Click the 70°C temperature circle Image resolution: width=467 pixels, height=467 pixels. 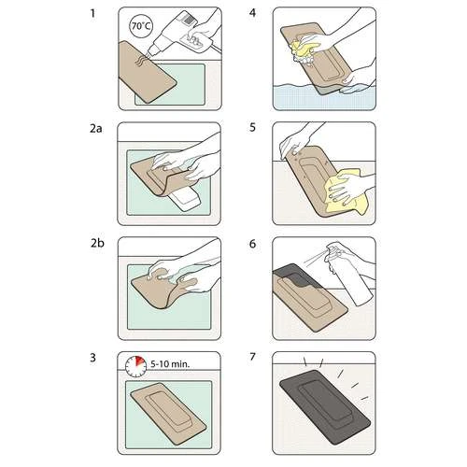(141, 26)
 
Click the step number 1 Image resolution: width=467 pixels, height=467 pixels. (92, 13)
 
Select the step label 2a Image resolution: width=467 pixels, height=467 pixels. (96, 128)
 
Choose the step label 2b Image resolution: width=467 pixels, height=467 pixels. (97, 243)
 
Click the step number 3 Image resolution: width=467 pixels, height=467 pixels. (93, 358)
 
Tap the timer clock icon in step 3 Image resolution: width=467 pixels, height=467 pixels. (136, 367)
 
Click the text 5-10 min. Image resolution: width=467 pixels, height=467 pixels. (170, 364)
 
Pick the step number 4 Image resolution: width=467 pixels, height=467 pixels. (252, 13)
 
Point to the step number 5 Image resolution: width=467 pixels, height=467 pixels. (252, 128)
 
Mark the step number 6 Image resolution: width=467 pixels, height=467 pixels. (252, 244)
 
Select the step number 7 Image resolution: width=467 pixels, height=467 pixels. (252, 357)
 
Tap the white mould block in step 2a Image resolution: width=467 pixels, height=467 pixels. (184, 199)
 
